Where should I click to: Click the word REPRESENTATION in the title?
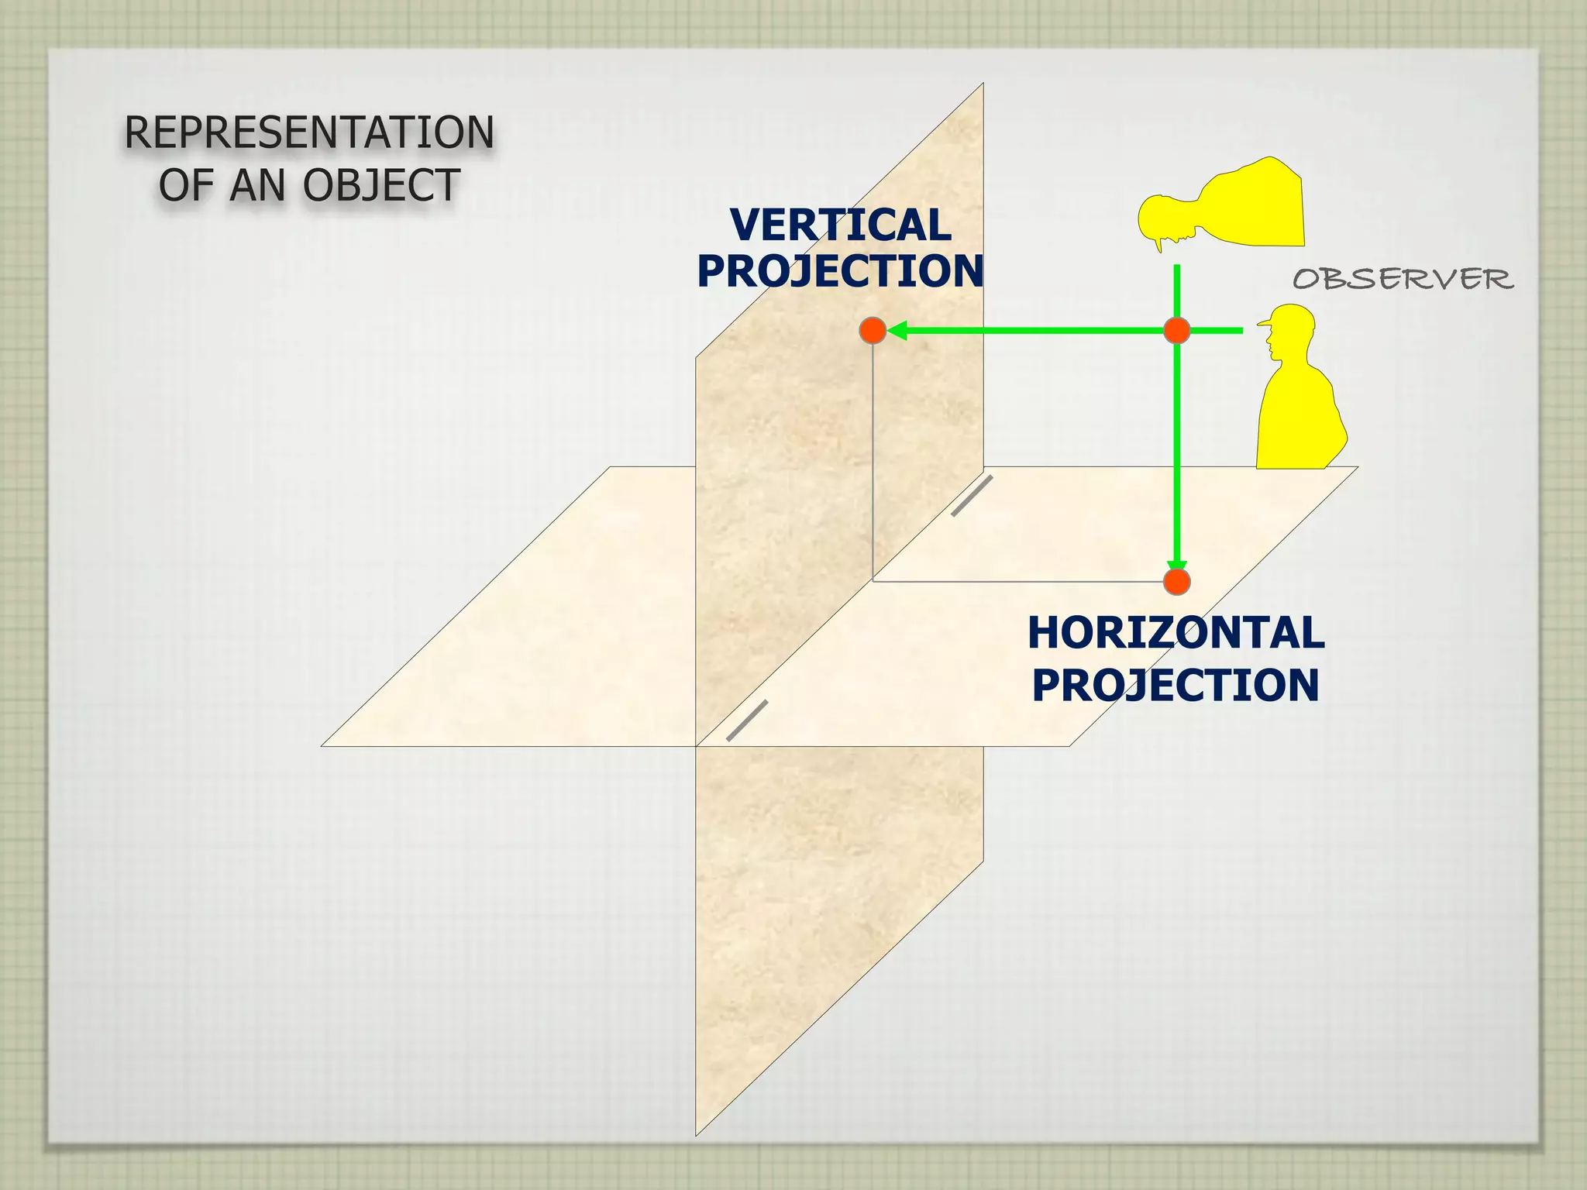point(309,132)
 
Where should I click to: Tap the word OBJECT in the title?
point(381,186)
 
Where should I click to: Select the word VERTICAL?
point(840,225)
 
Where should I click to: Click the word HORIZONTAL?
point(1176,633)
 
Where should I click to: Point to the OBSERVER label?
point(1403,279)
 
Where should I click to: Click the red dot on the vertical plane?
point(873,331)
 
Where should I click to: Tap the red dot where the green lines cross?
point(1177,331)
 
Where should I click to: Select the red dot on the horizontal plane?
point(1177,581)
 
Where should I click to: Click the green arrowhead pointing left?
point(897,331)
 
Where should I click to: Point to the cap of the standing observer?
point(1291,317)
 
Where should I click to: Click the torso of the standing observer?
point(1298,418)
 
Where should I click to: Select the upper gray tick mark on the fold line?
point(972,496)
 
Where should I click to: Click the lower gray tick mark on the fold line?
point(747,721)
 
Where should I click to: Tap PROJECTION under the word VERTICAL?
point(840,271)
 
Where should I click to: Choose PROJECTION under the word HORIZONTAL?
point(1176,686)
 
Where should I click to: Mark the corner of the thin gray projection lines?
point(873,580)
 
